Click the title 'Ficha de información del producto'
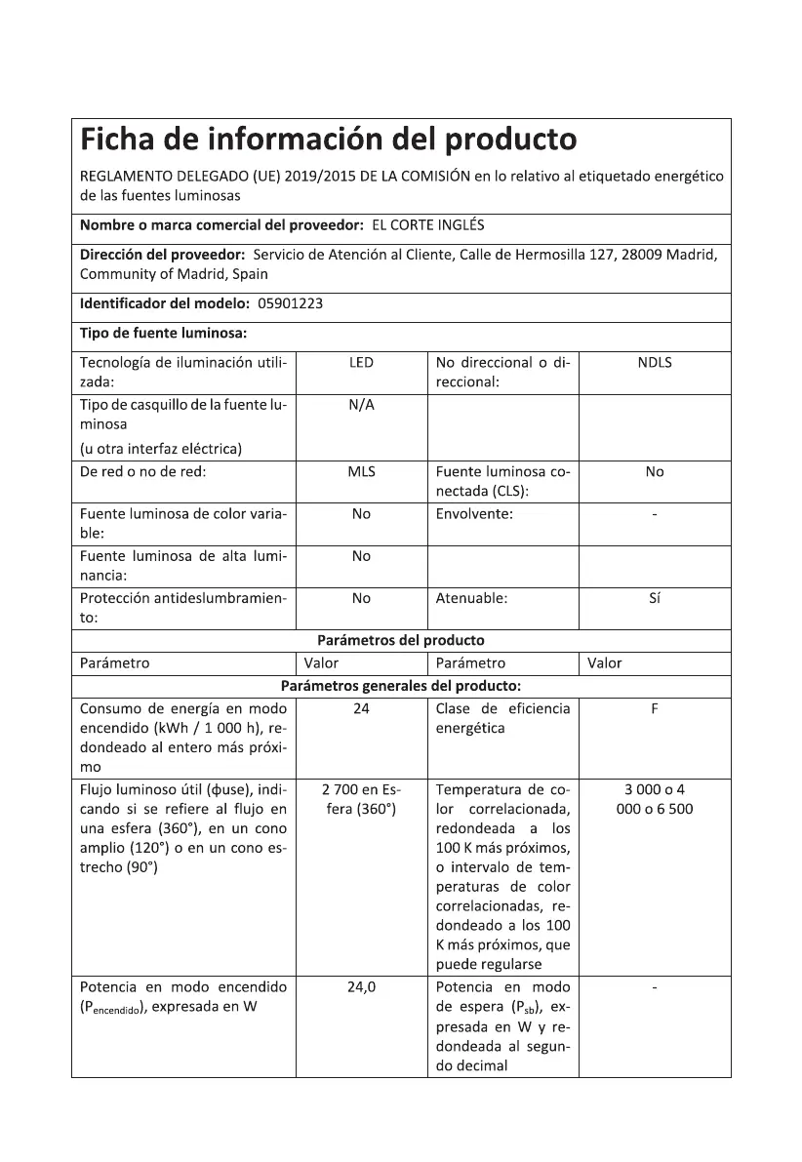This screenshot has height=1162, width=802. click(x=328, y=140)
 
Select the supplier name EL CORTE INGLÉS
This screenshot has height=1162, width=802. click(x=428, y=225)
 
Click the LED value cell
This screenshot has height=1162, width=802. click(x=361, y=363)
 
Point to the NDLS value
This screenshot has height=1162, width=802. click(x=654, y=363)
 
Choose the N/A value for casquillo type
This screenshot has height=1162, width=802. click(x=361, y=405)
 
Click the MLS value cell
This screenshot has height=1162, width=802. click(x=361, y=471)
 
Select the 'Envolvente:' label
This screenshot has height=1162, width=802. click(x=474, y=513)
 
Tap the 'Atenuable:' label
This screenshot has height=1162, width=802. click(x=471, y=598)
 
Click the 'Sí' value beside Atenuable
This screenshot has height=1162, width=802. click(x=654, y=598)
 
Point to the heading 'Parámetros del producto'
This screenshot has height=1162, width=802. click(x=401, y=641)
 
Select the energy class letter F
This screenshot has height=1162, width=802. click(x=654, y=708)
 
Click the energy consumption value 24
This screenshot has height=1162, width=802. click(x=361, y=708)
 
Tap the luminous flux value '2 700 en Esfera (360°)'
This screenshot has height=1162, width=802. click(x=361, y=798)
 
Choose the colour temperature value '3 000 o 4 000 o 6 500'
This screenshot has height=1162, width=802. click(x=654, y=798)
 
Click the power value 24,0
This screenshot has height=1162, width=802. click(x=361, y=986)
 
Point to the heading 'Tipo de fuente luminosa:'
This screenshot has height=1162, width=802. click(x=163, y=333)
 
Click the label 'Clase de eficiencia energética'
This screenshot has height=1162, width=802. click(x=502, y=718)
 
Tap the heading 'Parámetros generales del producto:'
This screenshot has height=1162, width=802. click(x=401, y=685)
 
